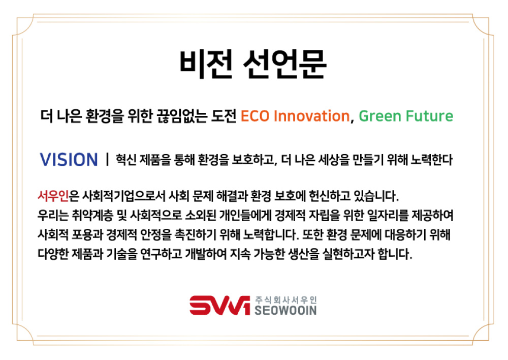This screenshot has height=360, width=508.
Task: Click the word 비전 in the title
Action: click(206, 64)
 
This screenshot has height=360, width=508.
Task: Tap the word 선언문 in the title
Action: click(284, 64)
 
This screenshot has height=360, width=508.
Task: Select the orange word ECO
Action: click(255, 116)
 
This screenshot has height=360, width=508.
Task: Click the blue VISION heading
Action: click(69, 160)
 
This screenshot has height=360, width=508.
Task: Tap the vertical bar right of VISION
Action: click(107, 159)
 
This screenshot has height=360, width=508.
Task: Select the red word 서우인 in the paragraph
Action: click(53, 196)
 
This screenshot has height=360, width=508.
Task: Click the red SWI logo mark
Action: click(219, 305)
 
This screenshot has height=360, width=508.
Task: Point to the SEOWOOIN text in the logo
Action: click(285, 310)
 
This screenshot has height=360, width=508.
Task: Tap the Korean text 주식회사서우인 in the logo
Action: click(285, 299)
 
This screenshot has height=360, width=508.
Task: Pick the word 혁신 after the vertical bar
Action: click(126, 160)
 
